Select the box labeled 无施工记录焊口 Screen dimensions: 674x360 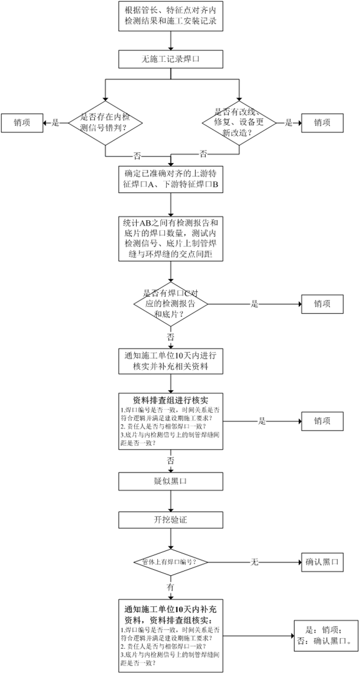[x=172, y=59]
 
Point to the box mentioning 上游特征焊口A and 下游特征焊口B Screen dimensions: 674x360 [x=172, y=179]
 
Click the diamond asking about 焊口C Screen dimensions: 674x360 [x=172, y=304]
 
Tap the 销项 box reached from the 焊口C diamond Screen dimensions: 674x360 [x=322, y=304]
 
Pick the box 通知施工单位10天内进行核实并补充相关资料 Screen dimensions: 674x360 [x=172, y=360]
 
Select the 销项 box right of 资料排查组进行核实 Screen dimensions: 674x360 [x=322, y=421]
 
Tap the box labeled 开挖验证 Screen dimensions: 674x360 [x=172, y=519]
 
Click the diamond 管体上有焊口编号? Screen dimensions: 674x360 [x=172, y=562]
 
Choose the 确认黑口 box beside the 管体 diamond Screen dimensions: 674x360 [x=322, y=562]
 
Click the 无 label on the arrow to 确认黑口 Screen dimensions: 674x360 [x=254, y=562]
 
